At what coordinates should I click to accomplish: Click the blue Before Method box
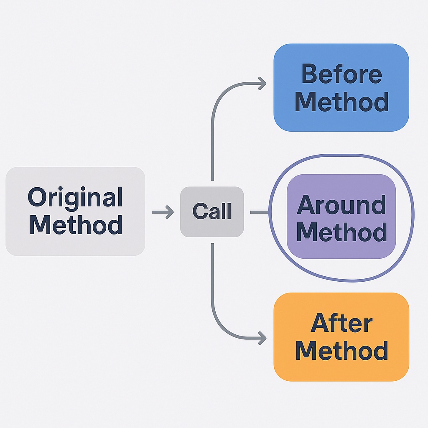(341, 88)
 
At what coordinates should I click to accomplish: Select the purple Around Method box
(341, 216)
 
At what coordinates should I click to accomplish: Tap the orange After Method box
(341, 337)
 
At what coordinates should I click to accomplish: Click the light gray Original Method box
(75, 211)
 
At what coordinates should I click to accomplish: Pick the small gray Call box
(212, 212)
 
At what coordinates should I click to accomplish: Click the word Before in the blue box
(341, 74)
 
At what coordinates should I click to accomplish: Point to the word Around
(341, 204)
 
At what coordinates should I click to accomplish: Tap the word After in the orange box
(341, 322)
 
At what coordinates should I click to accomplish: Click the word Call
(212, 211)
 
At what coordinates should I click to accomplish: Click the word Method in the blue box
(341, 102)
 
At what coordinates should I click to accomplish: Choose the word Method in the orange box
(341, 351)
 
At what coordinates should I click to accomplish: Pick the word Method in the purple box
(341, 232)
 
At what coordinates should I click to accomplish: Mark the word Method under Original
(76, 224)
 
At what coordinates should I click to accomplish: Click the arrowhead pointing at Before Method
(262, 84)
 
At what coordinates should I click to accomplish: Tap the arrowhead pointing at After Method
(262, 338)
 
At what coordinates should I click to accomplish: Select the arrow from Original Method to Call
(163, 212)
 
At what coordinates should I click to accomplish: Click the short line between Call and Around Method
(260, 212)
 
